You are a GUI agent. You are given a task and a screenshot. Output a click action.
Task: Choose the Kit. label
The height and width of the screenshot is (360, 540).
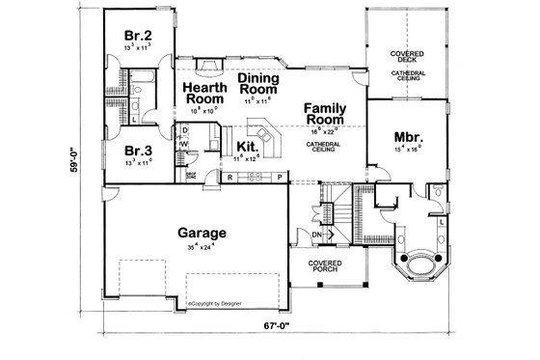tap(245, 147)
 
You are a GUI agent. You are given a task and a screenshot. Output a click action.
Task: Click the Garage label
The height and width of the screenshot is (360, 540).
tap(202, 233)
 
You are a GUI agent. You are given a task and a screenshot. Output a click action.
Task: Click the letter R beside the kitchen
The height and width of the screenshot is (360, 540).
tap(229, 179)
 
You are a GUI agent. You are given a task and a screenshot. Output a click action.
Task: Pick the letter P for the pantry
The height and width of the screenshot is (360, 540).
tap(279, 179)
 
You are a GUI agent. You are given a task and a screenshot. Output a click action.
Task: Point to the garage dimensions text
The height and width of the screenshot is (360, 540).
tap(202, 246)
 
